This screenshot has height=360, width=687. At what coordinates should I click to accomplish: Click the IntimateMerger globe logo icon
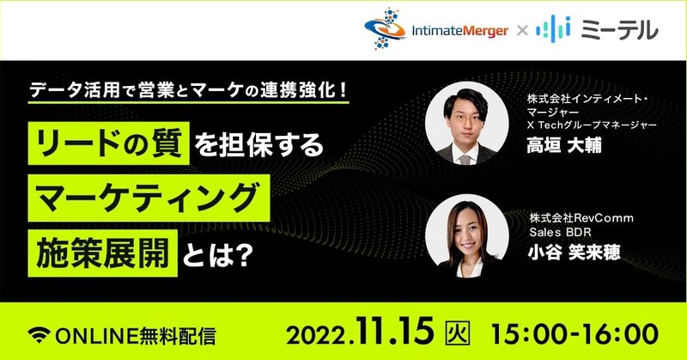pyautogui.click(x=385, y=28)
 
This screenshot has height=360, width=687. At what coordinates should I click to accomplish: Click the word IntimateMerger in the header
pyautogui.click(x=460, y=31)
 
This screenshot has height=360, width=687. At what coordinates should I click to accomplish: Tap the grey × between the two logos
pyautogui.click(x=522, y=31)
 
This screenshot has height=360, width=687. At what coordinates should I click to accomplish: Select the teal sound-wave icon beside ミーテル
pyautogui.click(x=553, y=29)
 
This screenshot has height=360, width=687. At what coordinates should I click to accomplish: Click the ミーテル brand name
pyautogui.click(x=619, y=30)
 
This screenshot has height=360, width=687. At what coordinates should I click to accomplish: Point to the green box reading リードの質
pyautogui.click(x=109, y=143)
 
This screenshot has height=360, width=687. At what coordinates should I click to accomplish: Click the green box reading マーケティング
pyautogui.click(x=149, y=198)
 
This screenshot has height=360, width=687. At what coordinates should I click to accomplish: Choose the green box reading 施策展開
pyautogui.click(x=103, y=253)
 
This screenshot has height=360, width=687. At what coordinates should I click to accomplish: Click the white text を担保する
pyautogui.click(x=258, y=145)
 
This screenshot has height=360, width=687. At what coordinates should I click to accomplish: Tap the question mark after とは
pyautogui.click(x=244, y=255)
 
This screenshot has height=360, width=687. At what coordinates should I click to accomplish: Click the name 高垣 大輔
pyautogui.click(x=564, y=145)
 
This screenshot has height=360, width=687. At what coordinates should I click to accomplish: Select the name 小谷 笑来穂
pyautogui.click(x=574, y=252)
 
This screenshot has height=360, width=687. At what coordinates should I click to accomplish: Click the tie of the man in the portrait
pyautogui.click(x=465, y=159)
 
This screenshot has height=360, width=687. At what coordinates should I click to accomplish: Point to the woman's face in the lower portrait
pyautogui.click(x=467, y=234)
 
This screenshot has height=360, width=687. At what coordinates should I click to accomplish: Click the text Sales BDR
pyautogui.click(x=561, y=232)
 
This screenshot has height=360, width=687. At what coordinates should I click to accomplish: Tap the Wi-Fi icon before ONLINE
pyautogui.click(x=39, y=335)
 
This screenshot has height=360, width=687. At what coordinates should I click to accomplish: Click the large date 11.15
pyautogui.click(x=395, y=333)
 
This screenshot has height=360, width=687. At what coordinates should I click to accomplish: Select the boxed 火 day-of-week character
pyautogui.click(x=458, y=333)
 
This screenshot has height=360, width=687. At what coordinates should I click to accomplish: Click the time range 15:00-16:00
pyautogui.click(x=575, y=334)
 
